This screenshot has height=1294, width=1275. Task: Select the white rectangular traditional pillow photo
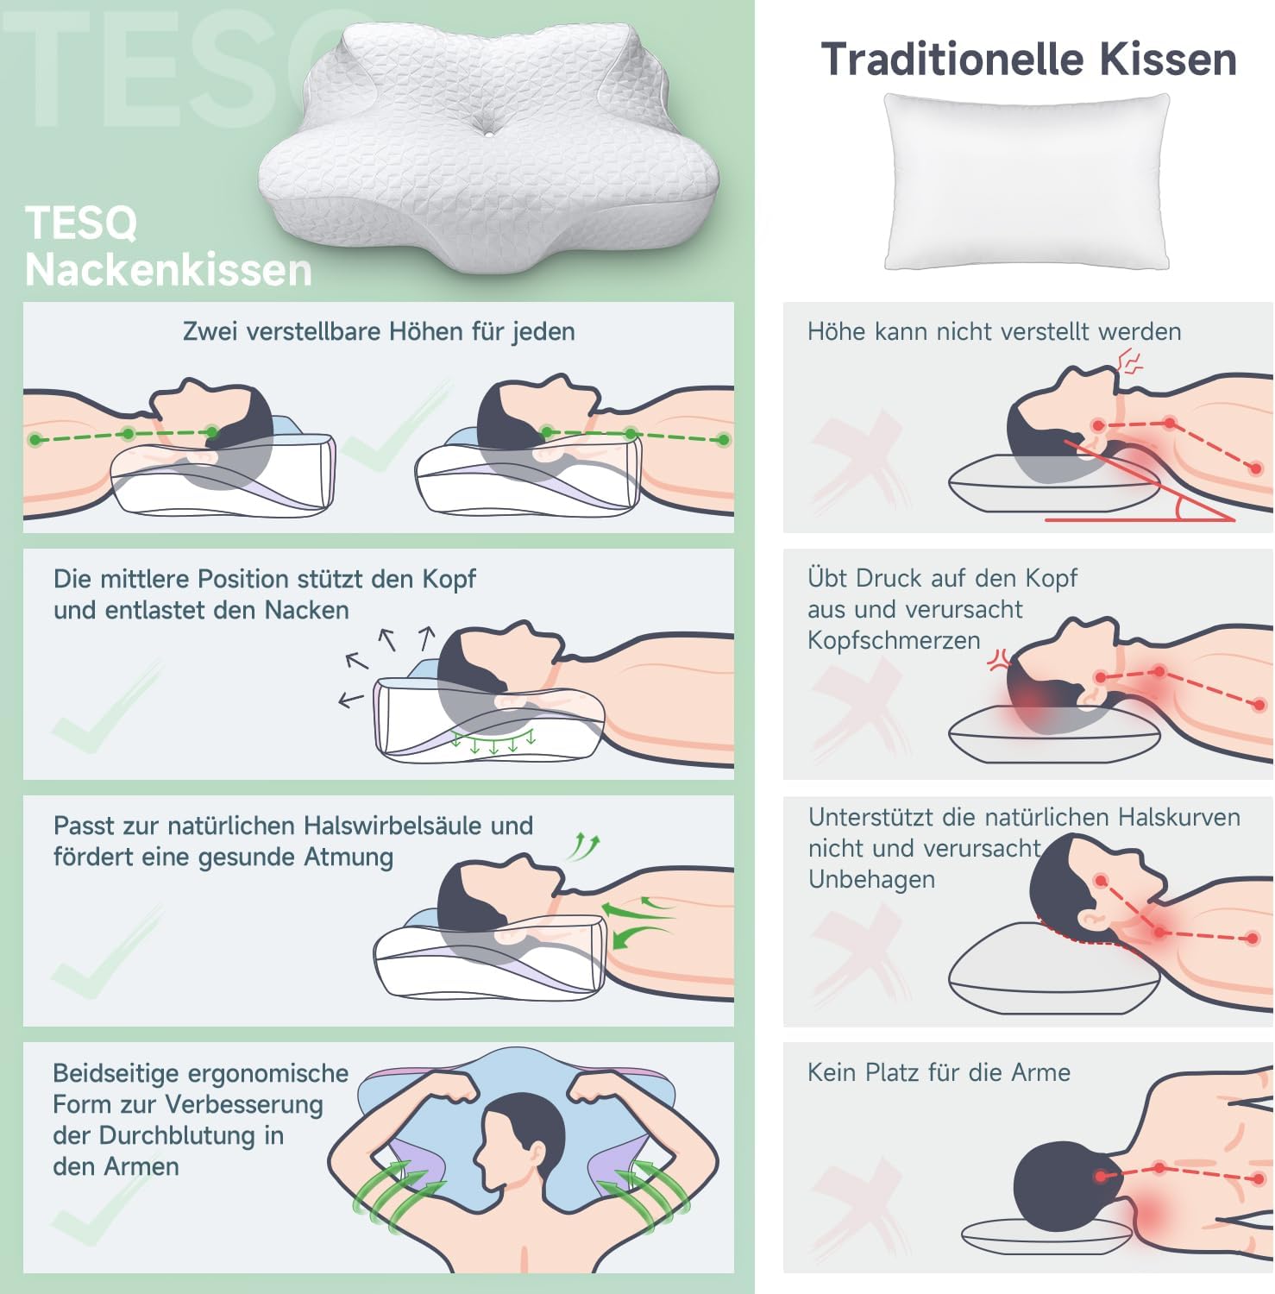(x=1027, y=181)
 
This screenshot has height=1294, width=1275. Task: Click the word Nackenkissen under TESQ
(x=168, y=270)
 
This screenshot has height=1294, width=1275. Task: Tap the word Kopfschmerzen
(x=894, y=641)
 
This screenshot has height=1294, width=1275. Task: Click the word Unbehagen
(x=871, y=880)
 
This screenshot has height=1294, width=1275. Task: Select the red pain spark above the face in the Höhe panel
(x=1129, y=361)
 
